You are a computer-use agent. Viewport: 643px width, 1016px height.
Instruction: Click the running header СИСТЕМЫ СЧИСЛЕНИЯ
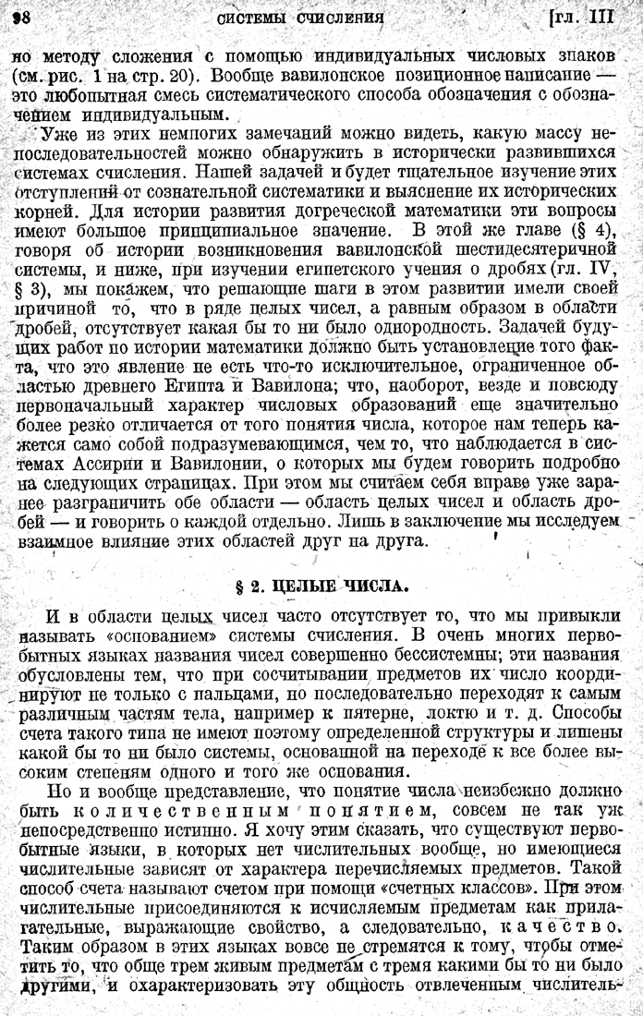pos(299,17)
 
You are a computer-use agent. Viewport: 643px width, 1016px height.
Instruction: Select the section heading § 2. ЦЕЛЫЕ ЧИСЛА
pos(321,586)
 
